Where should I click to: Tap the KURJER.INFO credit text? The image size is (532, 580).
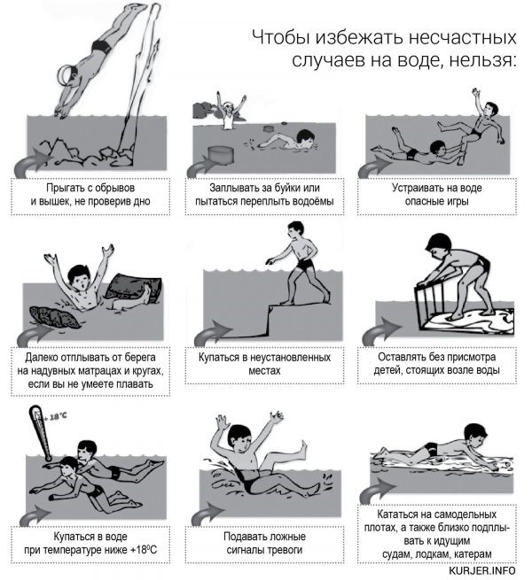[482, 570]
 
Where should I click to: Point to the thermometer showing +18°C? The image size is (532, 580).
[42, 433]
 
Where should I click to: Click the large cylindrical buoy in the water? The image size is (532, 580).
[221, 155]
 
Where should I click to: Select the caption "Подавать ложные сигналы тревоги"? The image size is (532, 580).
[264, 543]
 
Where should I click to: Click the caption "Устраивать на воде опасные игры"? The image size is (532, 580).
[437, 195]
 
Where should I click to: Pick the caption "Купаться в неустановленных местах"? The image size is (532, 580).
[264, 364]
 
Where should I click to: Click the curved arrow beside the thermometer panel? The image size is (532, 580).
[33, 517]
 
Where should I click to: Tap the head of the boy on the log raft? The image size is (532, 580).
[475, 434]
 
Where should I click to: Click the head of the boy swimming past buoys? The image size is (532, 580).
[307, 138]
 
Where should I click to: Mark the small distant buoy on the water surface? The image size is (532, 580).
[270, 129]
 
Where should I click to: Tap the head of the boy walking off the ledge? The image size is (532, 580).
[296, 231]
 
